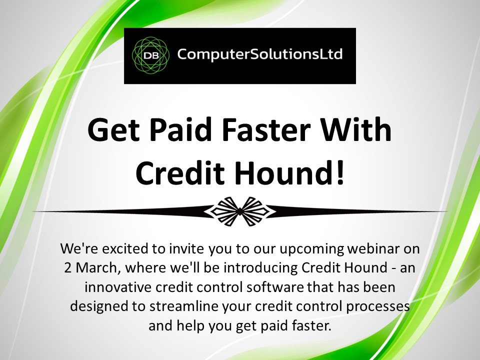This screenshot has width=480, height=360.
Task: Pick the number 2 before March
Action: point(67,267)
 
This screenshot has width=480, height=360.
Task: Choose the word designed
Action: point(99,306)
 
